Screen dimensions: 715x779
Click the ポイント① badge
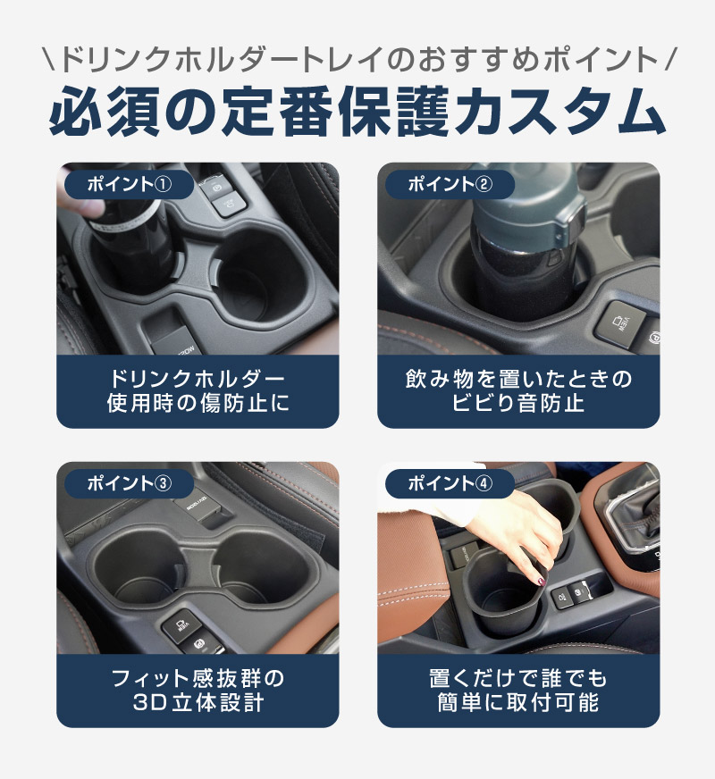click(129, 184)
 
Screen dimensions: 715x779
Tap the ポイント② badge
click(450, 184)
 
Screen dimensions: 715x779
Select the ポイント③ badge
click(129, 483)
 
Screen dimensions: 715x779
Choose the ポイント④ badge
click(450, 483)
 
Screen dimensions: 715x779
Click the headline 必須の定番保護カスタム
click(357, 113)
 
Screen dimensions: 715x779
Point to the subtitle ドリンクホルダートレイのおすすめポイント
click(357, 59)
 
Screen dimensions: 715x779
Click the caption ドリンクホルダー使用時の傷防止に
click(198, 391)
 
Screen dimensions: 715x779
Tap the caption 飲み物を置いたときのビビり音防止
click(518, 391)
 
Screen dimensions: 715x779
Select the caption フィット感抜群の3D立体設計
click(198, 691)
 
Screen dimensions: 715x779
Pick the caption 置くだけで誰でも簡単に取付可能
click(518, 691)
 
